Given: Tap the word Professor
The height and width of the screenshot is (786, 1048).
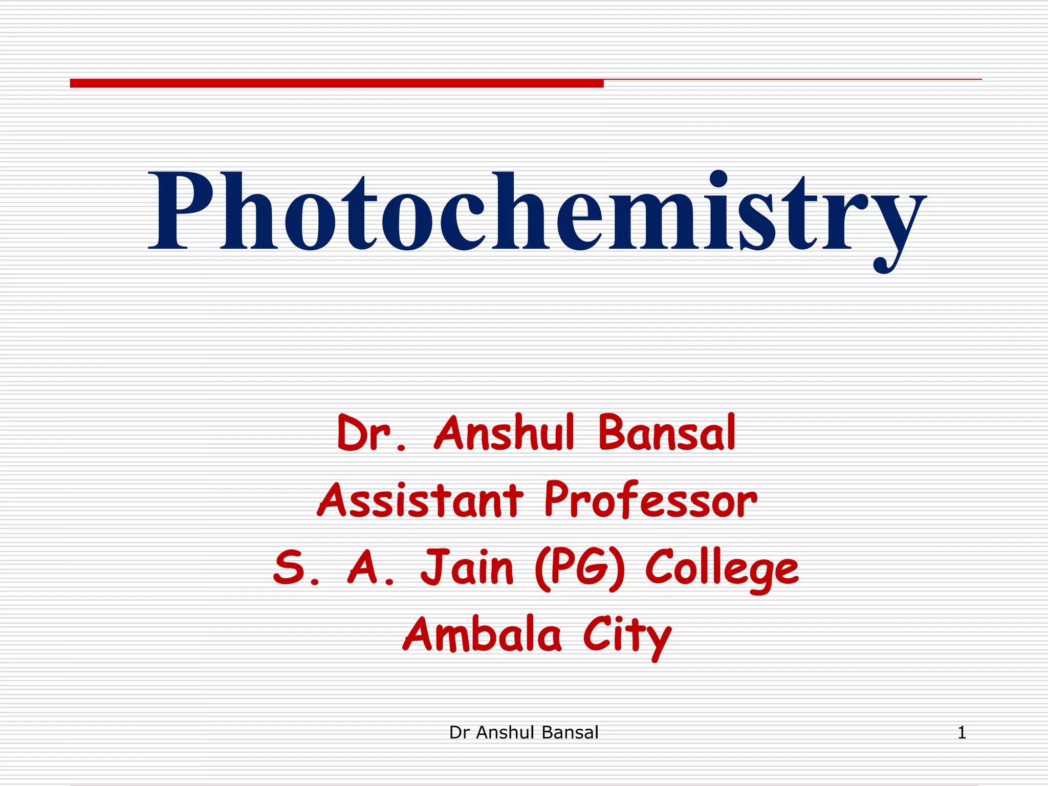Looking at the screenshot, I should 650,500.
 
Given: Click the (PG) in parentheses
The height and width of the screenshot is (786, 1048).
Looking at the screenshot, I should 579,568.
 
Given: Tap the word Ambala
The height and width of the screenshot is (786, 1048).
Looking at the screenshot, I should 482,635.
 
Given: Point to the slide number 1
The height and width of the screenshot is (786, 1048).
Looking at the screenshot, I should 962,733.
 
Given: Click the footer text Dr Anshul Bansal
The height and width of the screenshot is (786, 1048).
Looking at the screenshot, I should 523,733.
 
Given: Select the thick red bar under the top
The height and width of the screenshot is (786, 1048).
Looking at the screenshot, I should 337,83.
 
